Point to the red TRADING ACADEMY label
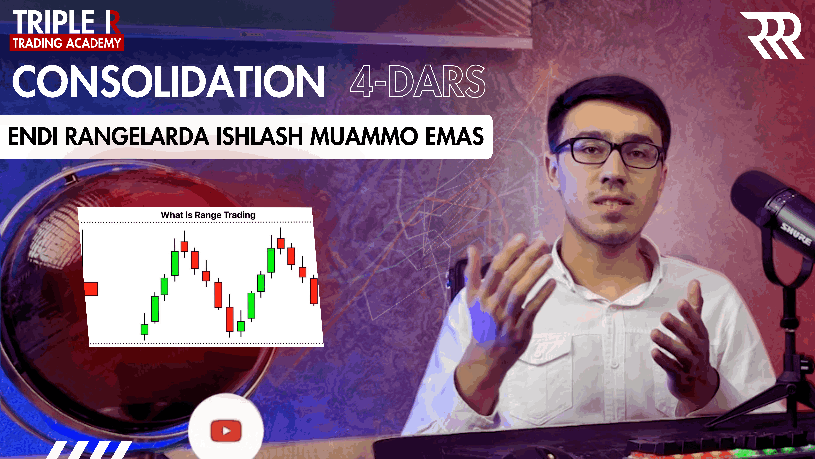(67, 43)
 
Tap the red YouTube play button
(226, 430)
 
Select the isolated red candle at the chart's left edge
(91, 289)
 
